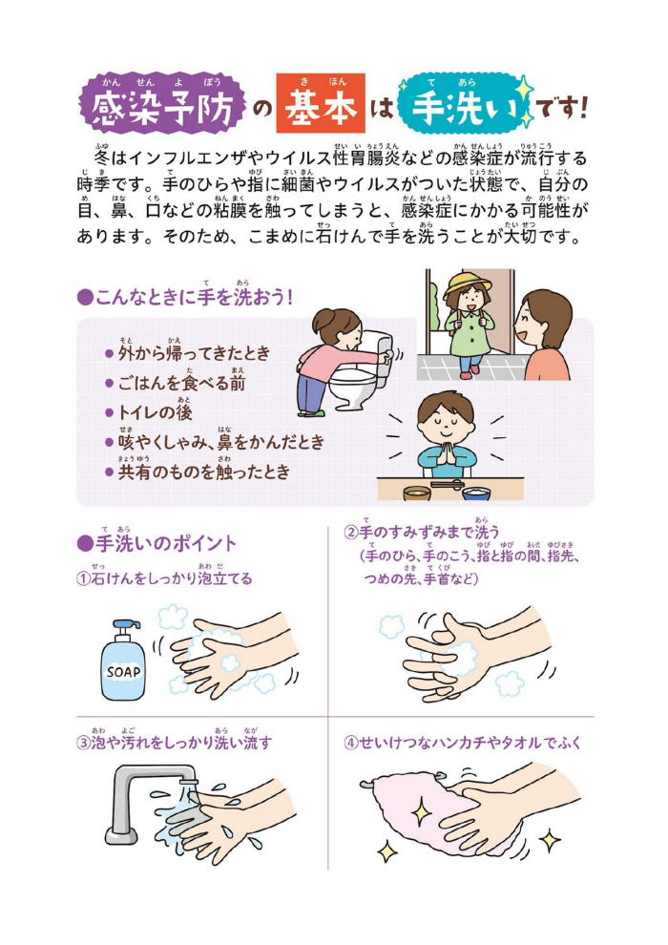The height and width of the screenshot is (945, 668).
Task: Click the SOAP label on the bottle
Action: pyautogui.click(x=123, y=671)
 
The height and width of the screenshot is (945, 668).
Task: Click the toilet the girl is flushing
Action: pyautogui.click(x=362, y=373)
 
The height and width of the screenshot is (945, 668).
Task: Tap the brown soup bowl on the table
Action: pyautogui.click(x=417, y=493)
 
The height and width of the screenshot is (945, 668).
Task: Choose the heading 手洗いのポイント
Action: pyautogui.click(x=157, y=542)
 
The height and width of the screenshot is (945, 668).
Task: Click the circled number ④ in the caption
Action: pyautogui.click(x=350, y=743)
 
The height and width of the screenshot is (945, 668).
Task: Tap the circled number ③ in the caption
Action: pyautogui.click(x=83, y=743)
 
